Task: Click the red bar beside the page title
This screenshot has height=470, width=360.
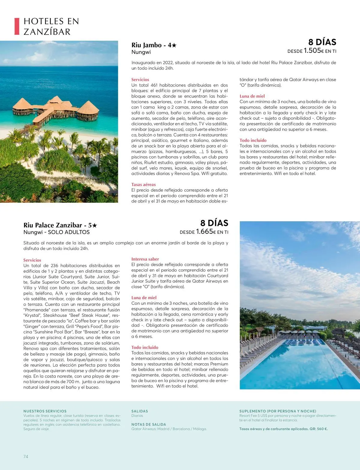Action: click(x=17, y=26)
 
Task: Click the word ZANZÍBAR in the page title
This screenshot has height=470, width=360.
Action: click(x=47, y=32)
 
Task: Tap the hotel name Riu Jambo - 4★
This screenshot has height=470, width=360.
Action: click(x=154, y=45)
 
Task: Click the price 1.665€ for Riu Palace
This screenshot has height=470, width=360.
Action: click(x=206, y=232)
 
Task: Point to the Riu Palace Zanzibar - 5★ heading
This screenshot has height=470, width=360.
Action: click(x=60, y=225)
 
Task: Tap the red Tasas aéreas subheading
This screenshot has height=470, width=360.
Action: click(x=143, y=184)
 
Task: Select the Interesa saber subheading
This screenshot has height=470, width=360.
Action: click(x=145, y=259)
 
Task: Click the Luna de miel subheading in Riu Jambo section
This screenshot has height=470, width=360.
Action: click(x=252, y=96)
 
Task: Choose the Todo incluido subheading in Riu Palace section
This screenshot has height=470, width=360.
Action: click(x=145, y=347)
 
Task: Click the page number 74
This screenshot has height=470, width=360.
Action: click(x=26, y=456)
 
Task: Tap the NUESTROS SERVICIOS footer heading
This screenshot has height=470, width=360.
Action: click(x=45, y=411)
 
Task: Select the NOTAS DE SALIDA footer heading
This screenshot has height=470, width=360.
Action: click(x=148, y=424)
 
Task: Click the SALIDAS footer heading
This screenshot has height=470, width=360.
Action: click(x=139, y=411)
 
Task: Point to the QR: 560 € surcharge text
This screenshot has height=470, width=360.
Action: click(x=319, y=429)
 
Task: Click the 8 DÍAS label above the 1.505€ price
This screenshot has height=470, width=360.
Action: click(x=322, y=42)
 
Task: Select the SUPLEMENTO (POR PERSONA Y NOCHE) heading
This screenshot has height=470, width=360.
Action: click(x=277, y=411)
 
